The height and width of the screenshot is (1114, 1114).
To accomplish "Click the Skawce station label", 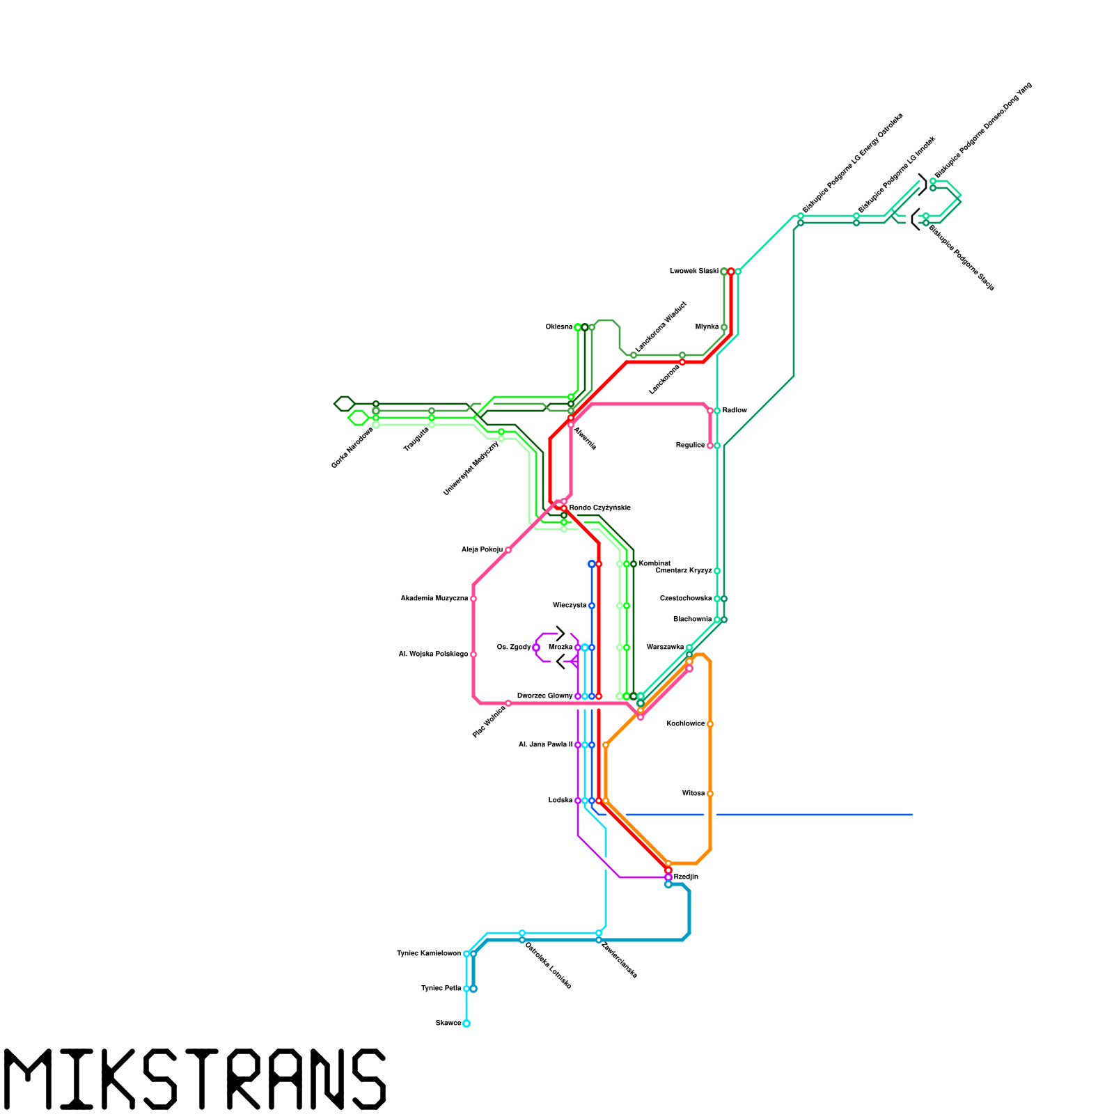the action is pyautogui.click(x=448, y=1023).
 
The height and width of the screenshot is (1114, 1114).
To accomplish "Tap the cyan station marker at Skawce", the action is pyautogui.click(x=466, y=1023).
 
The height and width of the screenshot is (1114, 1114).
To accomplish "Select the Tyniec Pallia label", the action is pyautogui.click(x=441, y=989).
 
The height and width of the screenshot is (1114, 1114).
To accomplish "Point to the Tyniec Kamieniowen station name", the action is pyautogui.click(x=429, y=954).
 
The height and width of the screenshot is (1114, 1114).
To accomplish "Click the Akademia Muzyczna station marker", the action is pyautogui.click(x=473, y=599).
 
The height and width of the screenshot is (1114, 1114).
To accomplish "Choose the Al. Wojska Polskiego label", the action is pyautogui.click(x=433, y=654).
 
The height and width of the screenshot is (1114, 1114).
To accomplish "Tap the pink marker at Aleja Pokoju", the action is pyautogui.click(x=508, y=550).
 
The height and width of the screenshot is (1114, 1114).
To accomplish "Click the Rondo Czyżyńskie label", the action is pyautogui.click(x=599, y=508).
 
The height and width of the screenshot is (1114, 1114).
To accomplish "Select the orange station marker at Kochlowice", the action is pyautogui.click(x=710, y=724).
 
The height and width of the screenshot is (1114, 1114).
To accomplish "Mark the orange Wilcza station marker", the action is pyautogui.click(x=710, y=794).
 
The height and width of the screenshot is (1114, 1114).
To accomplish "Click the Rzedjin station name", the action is pyautogui.click(x=686, y=877).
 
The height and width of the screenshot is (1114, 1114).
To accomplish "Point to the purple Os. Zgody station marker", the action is pyautogui.click(x=536, y=648).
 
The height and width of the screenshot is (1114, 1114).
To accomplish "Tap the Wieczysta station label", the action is pyautogui.click(x=570, y=606).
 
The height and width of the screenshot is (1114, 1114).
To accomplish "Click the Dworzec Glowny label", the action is pyautogui.click(x=544, y=696).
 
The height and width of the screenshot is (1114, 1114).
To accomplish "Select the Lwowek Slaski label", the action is pyautogui.click(x=693, y=272).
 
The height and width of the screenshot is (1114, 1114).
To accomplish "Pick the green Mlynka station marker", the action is pyautogui.click(x=724, y=327).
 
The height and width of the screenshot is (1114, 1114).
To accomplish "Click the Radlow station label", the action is pyautogui.click(x=735, y=411).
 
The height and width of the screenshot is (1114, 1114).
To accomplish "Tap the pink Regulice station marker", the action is pyautogui.click(x=710, y=446).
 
